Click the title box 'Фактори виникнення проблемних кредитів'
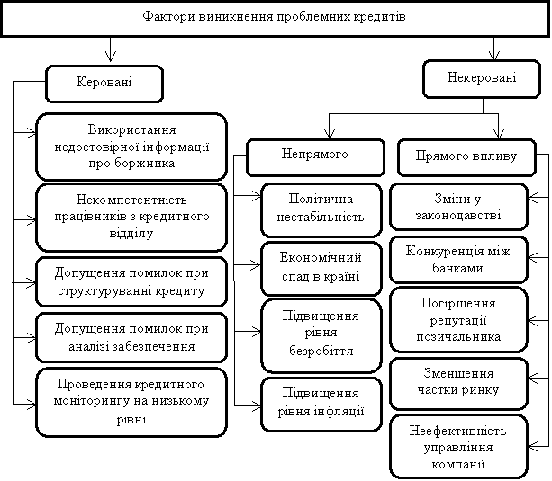tap(276, 18)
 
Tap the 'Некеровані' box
tap(482, 79)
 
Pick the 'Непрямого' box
tap(296, 156)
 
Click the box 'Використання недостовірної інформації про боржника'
tap(131, 146)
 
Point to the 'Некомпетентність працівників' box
tap(131, 217)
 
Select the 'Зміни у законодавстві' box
tap(458, 207)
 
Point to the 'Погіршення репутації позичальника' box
tap(458, 319)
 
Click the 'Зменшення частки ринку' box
tap(458, 381)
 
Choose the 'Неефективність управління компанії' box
tap(458, 446)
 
